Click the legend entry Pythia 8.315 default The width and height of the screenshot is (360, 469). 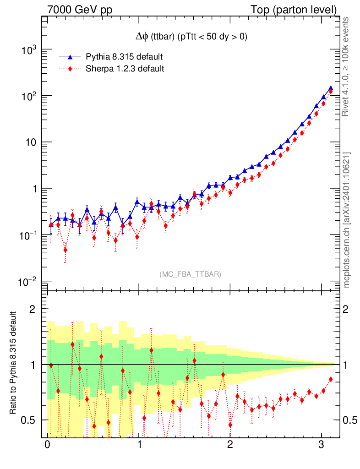124,57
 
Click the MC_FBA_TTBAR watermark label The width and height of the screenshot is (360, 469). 191,274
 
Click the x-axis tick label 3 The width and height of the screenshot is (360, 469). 322,445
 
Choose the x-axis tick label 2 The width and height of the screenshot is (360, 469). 230,445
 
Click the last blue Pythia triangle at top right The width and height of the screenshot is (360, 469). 331,88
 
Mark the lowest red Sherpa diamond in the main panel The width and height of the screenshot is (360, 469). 65,250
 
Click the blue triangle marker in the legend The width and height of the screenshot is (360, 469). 70,57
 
